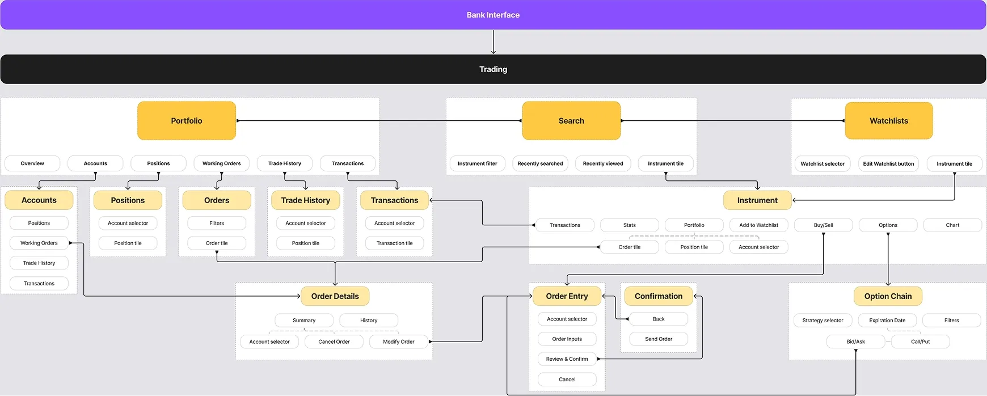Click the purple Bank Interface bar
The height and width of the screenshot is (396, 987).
click(493, 15)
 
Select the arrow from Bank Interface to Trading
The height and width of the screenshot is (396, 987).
click(493, 43)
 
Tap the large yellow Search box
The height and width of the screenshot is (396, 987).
click(571, 121)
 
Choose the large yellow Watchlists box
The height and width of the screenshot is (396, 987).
click(888, 121)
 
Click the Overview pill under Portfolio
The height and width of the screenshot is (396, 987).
click(32, 163)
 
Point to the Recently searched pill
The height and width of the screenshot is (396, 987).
click(540, 163)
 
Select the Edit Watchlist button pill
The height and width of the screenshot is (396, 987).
click(888, 164)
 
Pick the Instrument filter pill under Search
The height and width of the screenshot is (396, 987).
click(477, 163)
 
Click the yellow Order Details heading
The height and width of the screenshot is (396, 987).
click(335, 296)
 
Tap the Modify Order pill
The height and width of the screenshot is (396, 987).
click(398, 342)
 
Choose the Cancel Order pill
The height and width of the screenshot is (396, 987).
click(334, 342)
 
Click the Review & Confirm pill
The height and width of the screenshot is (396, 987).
click(567, 359)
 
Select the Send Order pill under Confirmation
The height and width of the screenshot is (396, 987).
click(659, 339)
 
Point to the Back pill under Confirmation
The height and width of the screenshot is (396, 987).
click(659, 319)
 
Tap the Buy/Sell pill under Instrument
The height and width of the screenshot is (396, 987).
click(823, 225)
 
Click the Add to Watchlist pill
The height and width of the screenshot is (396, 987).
click(758, 225)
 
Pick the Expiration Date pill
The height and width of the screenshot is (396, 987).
click(887, 321)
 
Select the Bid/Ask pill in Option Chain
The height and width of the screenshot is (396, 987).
click(855, 342)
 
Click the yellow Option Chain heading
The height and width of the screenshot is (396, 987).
click(888, 296)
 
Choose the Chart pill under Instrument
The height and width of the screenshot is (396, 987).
click(952, 225)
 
